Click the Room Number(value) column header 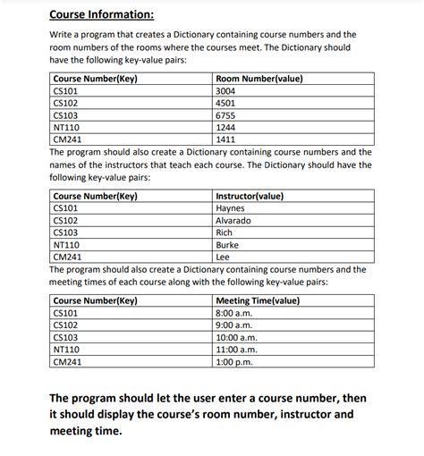pos(259,78)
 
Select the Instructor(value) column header pos(250,195)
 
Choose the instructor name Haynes pos(231,207)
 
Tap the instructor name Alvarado pos(233,220)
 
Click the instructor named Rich pos(225,232)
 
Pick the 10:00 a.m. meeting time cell pos(237,338)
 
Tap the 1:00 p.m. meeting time pos(235,363)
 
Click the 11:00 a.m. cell pos(237,350)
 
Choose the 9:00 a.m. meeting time pos(234,325)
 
